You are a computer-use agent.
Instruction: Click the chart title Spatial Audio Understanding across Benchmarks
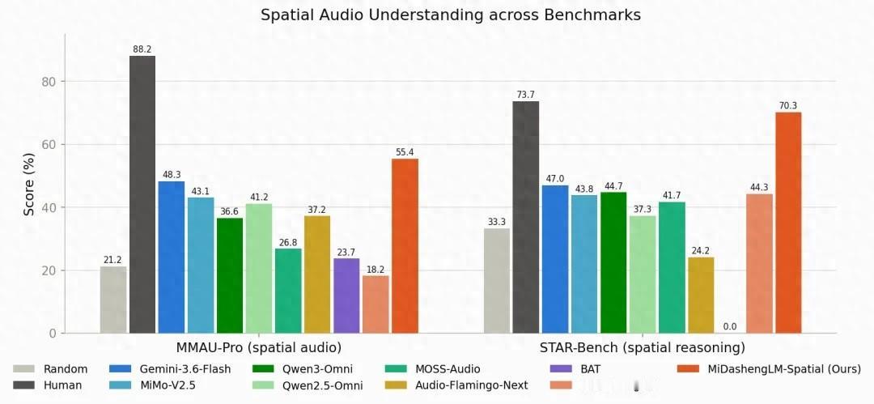pos(451,15)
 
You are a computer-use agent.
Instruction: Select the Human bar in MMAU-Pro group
pos(142,195)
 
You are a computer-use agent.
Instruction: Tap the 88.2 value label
pos(142,49)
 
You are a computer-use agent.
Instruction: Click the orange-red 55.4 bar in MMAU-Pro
pos(405,246)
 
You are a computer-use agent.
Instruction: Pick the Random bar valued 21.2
pos(113,300)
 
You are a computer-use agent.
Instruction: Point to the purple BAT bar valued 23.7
pos(346,296)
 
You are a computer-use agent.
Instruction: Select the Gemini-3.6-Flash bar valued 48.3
pos(171,257)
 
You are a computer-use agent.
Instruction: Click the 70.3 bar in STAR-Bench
pos(788,223)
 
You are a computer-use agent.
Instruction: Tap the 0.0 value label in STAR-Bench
pos(730,326)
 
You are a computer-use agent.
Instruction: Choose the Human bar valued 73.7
pos(526,218)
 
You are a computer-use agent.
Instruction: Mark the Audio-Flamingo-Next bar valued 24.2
pos(701,296)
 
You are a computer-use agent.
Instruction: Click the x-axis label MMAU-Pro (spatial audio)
pos(259,348)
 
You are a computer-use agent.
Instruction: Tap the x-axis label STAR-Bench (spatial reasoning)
pos(642,348)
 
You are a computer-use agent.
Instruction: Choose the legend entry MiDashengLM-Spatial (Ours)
pos(770,369)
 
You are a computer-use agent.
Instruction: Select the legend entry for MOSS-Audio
pos(432,369)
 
